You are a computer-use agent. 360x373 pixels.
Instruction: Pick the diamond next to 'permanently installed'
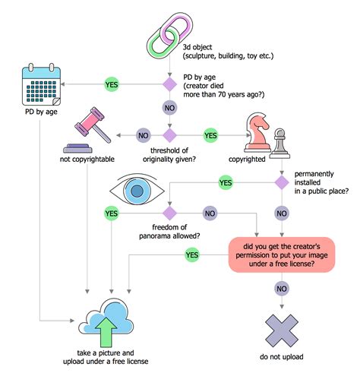(x=283, y=182)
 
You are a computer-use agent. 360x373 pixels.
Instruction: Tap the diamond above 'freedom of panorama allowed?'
(x=170, y=213)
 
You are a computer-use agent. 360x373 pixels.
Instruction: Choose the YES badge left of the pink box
(x=192, y=255)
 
